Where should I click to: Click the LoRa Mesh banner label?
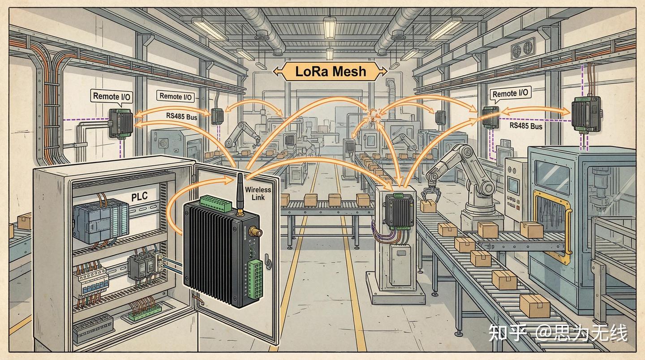coord(331,71)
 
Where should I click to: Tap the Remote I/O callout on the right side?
coord(511,94)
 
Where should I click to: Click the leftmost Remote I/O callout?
coord(112,96)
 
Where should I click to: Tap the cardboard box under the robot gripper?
coord(429,206)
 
